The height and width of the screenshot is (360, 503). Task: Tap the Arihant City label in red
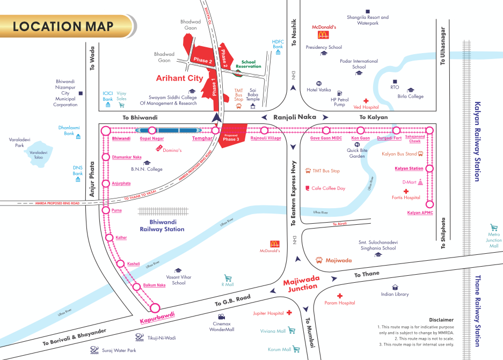tap(179, 78)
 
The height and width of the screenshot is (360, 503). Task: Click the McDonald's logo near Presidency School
tap(323, 35)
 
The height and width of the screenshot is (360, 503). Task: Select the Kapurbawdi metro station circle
tap(155, 308)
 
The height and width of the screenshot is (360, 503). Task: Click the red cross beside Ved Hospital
tap(367, 100)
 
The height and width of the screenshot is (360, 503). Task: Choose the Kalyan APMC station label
tap(420, 213)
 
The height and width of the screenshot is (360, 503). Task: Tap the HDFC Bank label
tap(278, 44)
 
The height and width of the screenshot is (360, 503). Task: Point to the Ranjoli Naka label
tap(294, 116)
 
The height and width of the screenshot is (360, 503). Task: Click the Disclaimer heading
tap(441, 319)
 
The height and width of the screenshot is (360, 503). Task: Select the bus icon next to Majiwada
tap(319, 260)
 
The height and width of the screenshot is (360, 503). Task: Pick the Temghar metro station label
tap(203, 139)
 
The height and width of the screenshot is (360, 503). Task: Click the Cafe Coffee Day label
tap(328, 188)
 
